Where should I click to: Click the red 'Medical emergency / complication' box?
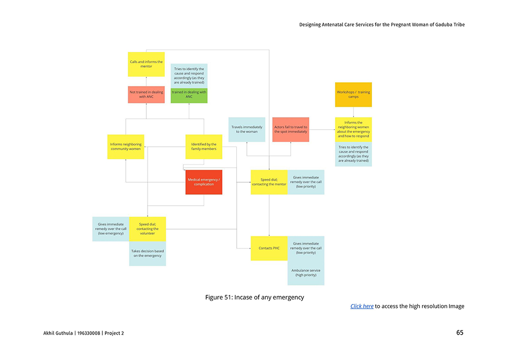(x=204, y=182)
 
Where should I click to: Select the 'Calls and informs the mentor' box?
(x=146, y=64)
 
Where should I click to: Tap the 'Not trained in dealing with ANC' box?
(x=146, y=94)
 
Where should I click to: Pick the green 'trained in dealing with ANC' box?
(x=189, y=95)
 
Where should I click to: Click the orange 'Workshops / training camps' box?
(x=353, y=94)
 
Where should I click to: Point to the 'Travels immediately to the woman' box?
(x=247, y=129)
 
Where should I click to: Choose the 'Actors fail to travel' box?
(x=291, y=129)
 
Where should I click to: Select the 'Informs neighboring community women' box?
(x=126, y=147)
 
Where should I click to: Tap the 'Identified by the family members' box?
(x=204, y=147)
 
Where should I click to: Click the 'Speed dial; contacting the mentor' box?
(x=269, y=182)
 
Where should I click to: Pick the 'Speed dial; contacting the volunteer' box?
(x=148, y=229)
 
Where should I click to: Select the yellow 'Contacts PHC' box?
(x=269, y=248)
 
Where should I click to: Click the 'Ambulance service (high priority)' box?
(x=306, y=272)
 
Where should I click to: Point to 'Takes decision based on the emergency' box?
(x=148, y=253)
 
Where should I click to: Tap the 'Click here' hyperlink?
(x=362, y=306)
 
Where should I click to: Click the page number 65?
(x=460, y=333)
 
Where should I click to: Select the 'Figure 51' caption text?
(x=254, y=297)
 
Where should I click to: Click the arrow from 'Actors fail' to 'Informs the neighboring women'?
(x=322, y=130)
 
